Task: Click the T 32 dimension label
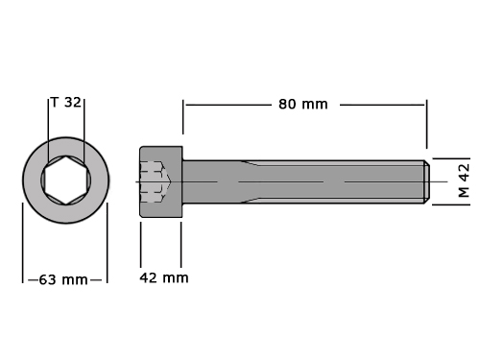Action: point(66,103)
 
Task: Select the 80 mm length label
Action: point(303,105)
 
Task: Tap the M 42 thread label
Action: point(464,180)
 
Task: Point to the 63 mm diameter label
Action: point(63,280)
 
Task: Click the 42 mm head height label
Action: point(164,277)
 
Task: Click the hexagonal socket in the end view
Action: point(66,180)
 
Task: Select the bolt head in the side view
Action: point(161,181)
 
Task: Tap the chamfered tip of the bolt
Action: point(427,181)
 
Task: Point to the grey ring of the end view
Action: point(32,180)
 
